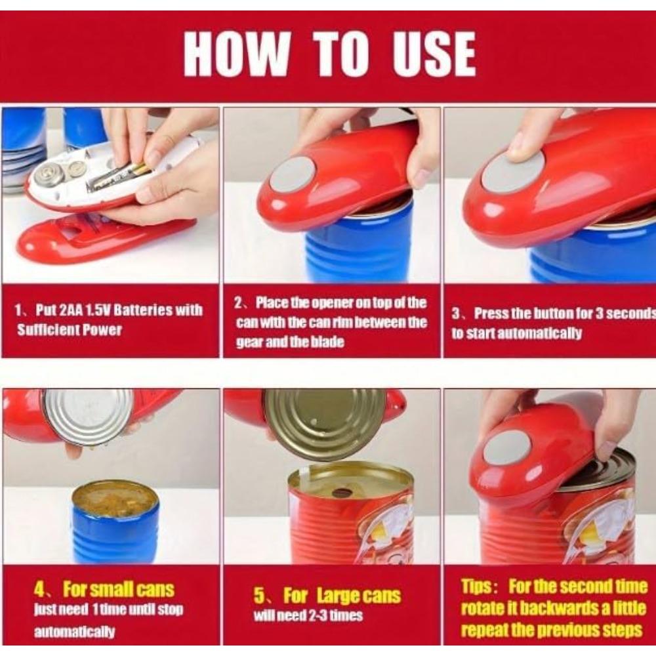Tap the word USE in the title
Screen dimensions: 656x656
[434, 54]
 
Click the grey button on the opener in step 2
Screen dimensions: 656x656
[293, 174]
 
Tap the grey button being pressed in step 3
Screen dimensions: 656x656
[514, 171]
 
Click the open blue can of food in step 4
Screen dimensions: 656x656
[115, 522]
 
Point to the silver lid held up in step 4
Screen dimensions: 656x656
[89, 417]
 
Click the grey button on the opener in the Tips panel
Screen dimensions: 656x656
[506, 447]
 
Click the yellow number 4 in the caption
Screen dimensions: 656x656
[40, 590]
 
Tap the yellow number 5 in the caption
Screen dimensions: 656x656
[259, 596]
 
